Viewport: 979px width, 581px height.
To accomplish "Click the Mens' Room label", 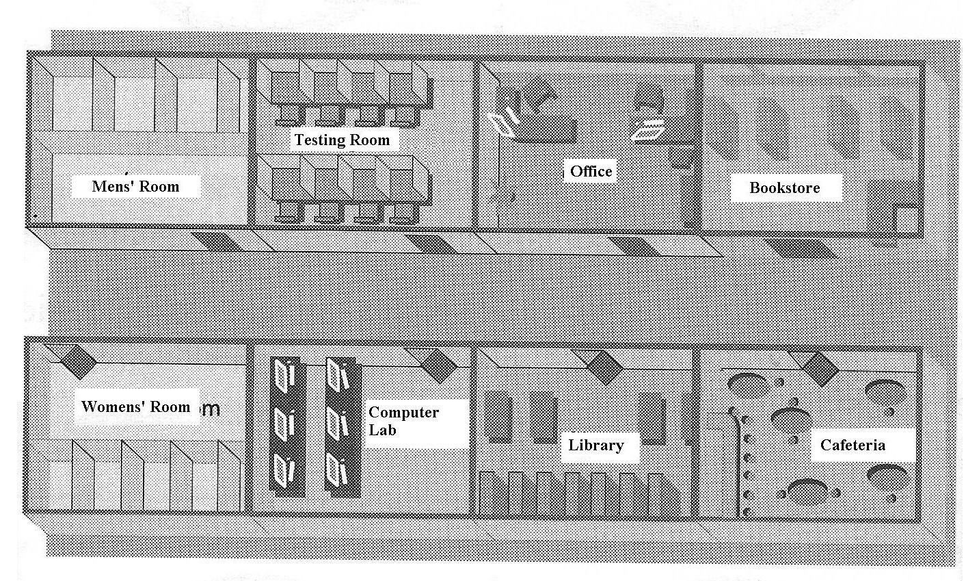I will click(135, 186).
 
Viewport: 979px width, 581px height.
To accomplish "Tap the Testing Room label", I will click(342, 140).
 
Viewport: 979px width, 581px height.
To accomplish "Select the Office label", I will click(591, 171).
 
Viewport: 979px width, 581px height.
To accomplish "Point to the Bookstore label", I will click(784, 188).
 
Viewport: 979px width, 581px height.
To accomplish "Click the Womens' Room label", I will click(135, 406).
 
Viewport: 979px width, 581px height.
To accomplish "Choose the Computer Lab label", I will click(403, 421).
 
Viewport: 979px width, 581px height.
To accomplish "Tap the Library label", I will click(596, 446).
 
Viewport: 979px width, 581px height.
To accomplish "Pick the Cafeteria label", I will click(853, 446).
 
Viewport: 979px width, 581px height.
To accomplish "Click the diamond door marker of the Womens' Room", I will click(79, 361).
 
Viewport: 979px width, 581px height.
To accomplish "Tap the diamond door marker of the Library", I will click(604, 367).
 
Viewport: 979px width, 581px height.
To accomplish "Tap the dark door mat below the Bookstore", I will click(792, 248).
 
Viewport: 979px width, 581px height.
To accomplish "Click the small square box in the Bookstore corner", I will click(907, 219).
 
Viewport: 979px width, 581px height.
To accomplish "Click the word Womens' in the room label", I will click(109, 406).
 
